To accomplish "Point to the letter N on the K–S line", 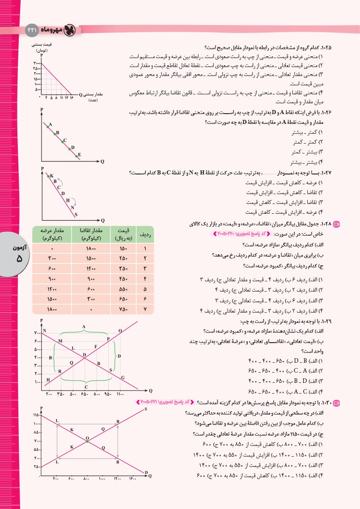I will pyautogui.click(x=72, y=207).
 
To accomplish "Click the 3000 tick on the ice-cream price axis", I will pyautogui.click(x=37, y=64).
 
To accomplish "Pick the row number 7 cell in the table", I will pyautogui.click(x=145, y=310).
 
